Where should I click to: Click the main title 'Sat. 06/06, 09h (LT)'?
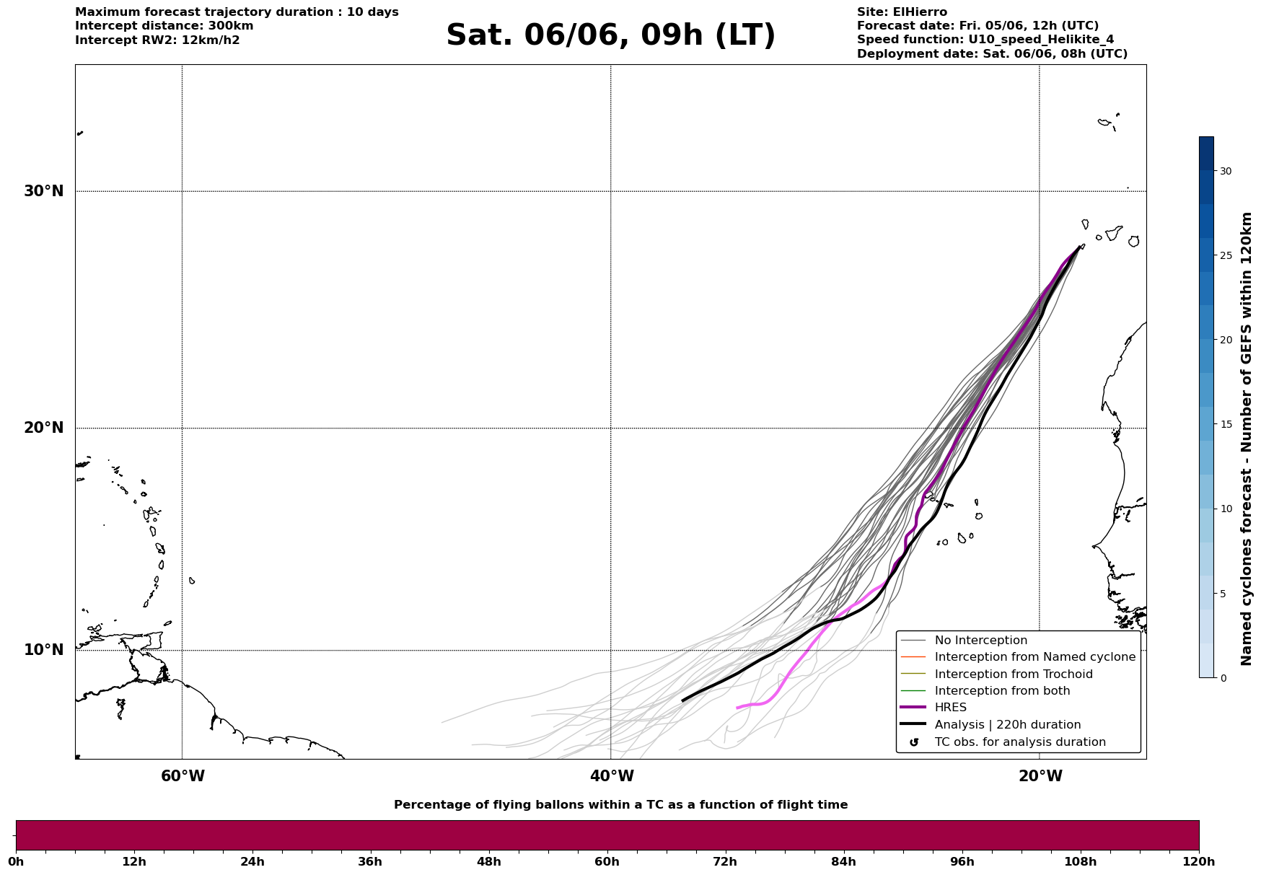610,35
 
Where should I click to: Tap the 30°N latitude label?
43,191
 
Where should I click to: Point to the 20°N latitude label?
43,428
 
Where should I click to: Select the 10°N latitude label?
43,650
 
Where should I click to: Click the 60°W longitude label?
183,776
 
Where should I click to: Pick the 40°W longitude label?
612,776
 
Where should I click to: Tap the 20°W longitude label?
1040,776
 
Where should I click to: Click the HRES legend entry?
950,708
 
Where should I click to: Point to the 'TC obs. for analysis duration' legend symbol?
914,742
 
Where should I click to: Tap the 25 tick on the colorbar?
1226,255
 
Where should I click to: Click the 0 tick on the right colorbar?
1223,678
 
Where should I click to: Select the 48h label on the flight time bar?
488,861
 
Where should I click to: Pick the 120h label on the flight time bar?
1199,861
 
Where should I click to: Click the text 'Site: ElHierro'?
902,12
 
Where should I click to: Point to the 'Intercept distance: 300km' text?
164,26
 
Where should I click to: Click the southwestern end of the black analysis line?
682,700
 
